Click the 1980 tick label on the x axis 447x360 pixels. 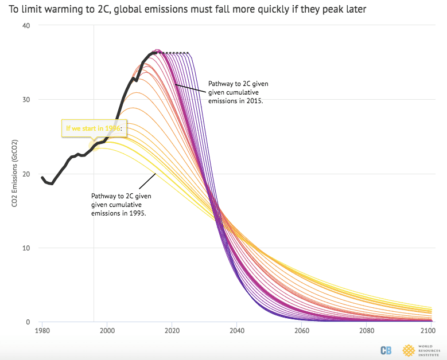[42, 331]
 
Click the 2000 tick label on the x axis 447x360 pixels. [107, 331]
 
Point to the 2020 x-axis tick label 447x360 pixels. [172, 331]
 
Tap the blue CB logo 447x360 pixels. [386, 350]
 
